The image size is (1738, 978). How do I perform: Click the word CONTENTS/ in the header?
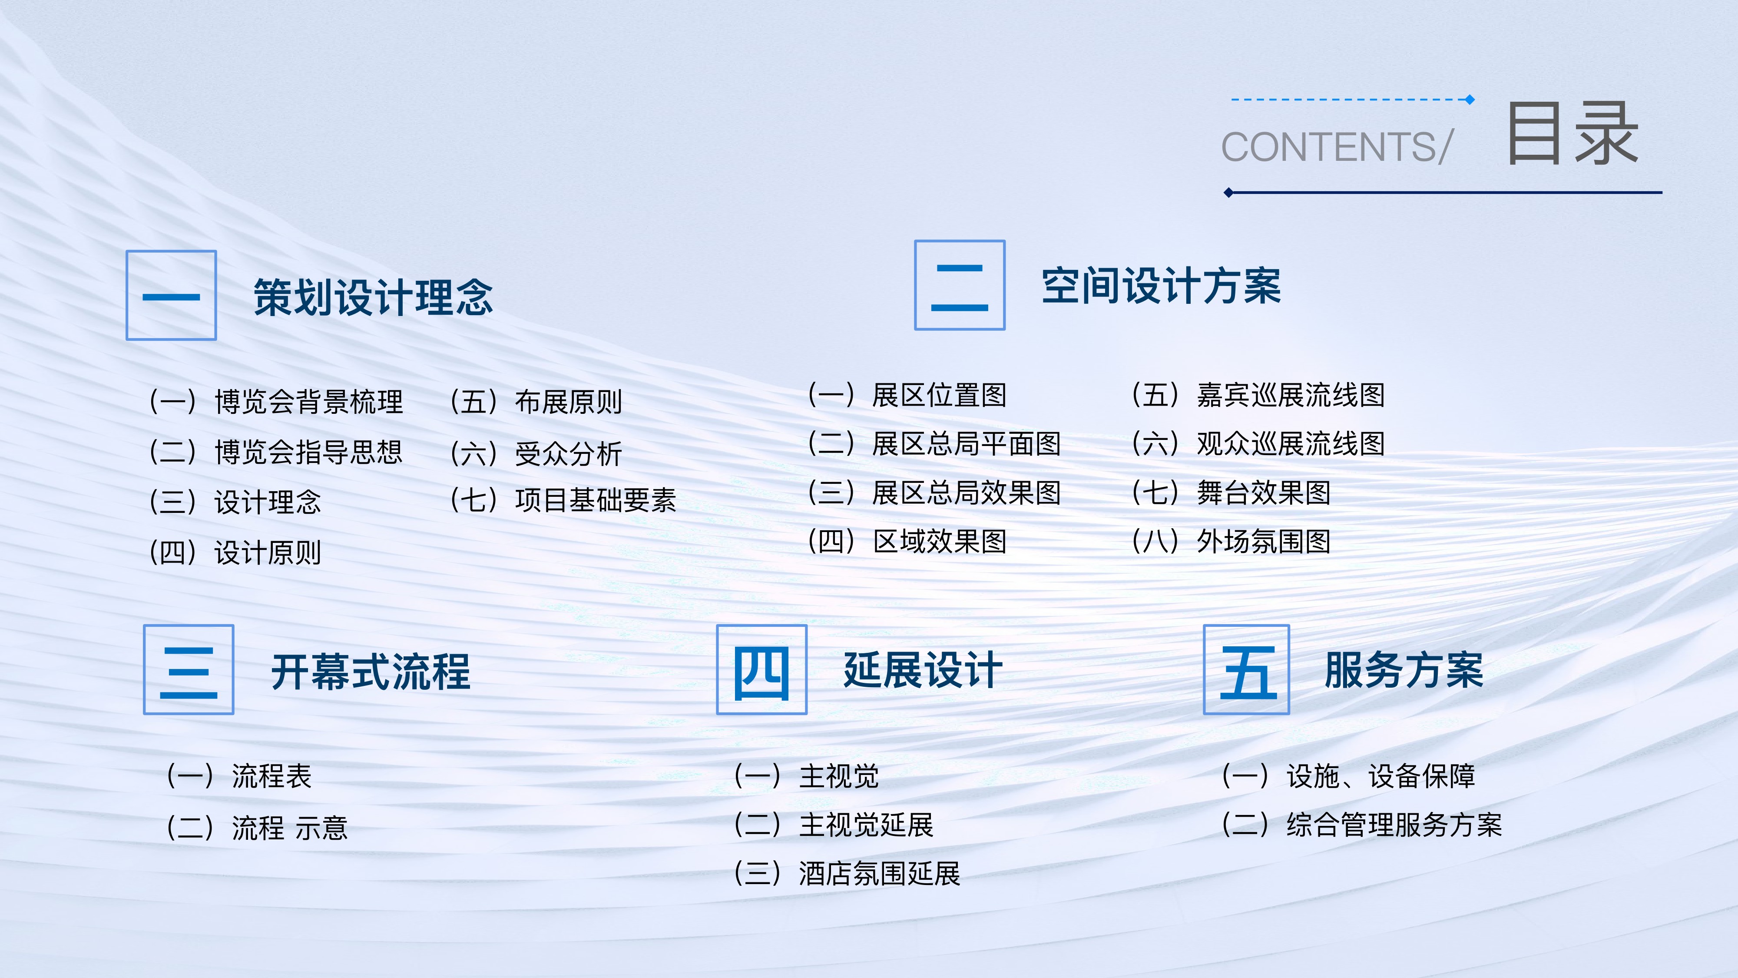click(x=1337, y=147)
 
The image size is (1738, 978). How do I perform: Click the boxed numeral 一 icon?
click(x=172, y=295)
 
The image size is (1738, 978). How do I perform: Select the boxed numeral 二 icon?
click(x=960, y=285)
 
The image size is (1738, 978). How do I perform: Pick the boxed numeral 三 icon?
click(x=188, y=669)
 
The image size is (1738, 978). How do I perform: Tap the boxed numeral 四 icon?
click(x=762, y=669)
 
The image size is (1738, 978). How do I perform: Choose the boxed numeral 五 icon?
click(x=1246, y=669)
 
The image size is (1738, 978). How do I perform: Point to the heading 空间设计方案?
click(x=1161, y=286)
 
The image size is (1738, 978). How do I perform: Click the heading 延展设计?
click(x=923, y=670)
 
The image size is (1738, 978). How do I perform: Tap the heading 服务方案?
click(x=1404, y=670)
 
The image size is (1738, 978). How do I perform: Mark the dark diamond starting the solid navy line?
click(x=1228, y=193)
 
